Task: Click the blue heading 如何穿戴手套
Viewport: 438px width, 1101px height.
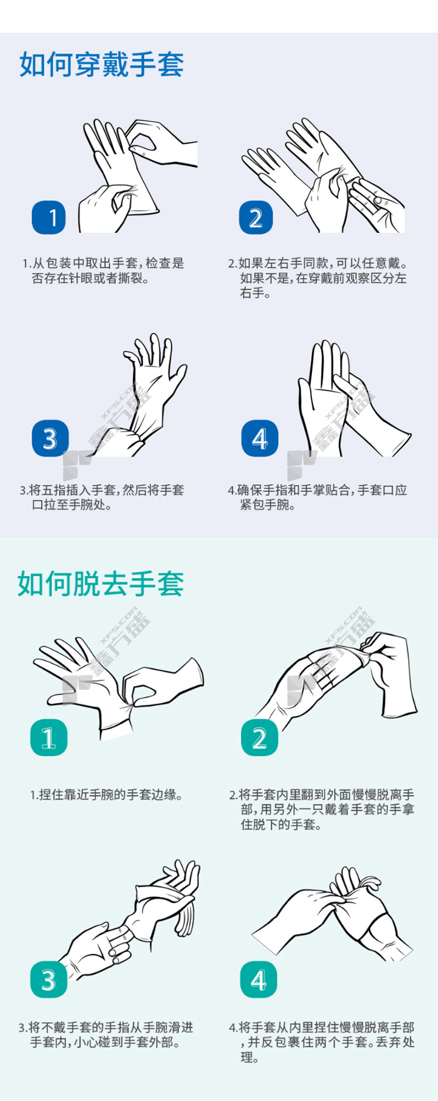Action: (102, 64)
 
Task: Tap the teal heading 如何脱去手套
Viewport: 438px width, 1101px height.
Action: (100, 584)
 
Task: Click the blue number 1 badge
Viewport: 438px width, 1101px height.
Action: (49, 217)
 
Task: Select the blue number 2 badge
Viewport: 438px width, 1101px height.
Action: (256, 217)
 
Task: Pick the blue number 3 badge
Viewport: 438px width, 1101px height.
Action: (50, 439)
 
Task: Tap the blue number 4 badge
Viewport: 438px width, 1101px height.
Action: (259, 439)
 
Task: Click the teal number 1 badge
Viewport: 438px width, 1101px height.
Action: (48, 738)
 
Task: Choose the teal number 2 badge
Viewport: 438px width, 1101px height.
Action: (259, 738)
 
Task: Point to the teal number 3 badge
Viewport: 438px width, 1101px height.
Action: (48, 980)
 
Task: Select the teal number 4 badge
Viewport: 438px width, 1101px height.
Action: (259, 980)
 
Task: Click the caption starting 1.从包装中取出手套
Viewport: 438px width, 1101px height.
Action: (103, 271)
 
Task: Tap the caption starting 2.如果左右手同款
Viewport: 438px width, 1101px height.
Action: (318, 278)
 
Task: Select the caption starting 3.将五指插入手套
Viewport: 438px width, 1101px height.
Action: (102, 497)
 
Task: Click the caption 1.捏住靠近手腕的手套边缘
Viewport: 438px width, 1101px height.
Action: (106, 794)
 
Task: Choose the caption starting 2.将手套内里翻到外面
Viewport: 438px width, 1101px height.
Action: (322, 810)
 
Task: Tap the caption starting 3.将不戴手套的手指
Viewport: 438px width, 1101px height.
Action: (106, 1034)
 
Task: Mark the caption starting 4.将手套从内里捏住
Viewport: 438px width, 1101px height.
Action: (322, 1042)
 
